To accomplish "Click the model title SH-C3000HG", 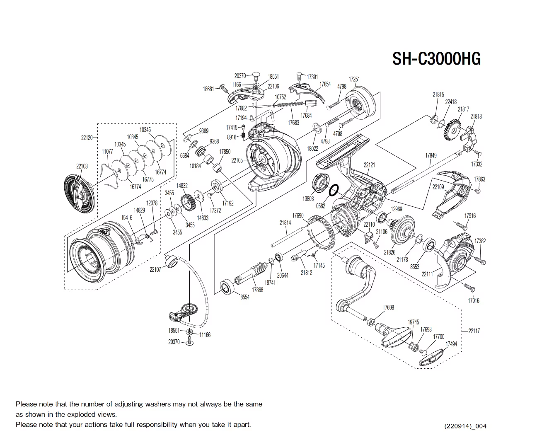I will point(436,59).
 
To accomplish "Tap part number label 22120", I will point(87,138).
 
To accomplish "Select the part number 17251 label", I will point(354,79).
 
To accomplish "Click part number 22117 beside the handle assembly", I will point(474,331).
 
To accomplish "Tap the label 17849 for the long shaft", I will point(430,155).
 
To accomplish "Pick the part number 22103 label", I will point(82,166).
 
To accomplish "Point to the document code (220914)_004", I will point(465,426).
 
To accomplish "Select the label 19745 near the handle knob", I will point(413,322).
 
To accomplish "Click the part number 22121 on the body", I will point(369,165).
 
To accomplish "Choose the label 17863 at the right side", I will point(479,179).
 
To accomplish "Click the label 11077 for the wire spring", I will point(107,152).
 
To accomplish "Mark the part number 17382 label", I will point(480,241).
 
